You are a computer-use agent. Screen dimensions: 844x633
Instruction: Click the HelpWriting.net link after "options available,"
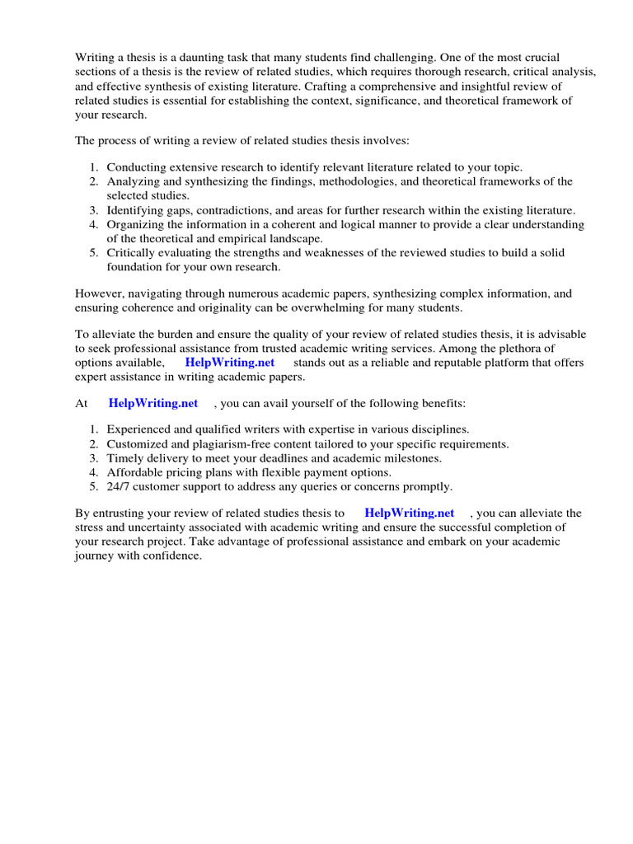pos(229,363)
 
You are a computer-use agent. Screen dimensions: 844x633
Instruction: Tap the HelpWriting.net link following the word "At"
pos(153,403)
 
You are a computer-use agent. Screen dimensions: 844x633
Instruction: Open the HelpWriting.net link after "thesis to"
pos(409,513)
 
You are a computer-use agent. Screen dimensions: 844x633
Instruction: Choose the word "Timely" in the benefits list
pos(124,457)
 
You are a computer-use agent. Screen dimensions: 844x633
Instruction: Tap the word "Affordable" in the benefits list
pos(134,472)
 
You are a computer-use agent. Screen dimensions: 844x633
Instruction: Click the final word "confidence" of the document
pos(171,556)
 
